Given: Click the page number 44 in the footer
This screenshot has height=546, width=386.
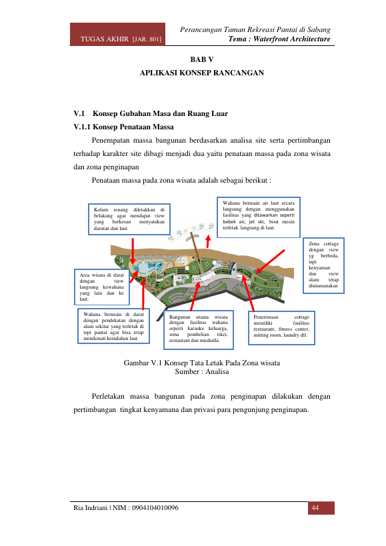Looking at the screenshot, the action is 315,508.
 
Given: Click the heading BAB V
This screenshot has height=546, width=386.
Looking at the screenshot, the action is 202,59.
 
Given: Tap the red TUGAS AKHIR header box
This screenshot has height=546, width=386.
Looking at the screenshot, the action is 117,34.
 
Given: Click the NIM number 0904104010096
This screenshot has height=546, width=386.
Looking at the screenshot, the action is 155,508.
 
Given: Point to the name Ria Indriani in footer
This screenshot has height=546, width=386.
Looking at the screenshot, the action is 90,508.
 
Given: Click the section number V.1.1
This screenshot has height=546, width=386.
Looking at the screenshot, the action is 82,127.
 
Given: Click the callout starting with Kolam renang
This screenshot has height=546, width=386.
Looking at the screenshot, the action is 129,219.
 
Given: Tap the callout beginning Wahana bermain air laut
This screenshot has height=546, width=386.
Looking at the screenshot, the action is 258,217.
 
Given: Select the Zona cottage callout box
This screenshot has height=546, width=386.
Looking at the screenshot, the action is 323,265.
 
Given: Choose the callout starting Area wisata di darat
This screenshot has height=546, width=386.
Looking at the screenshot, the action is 101,287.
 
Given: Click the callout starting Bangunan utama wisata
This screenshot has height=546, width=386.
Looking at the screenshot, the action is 199,329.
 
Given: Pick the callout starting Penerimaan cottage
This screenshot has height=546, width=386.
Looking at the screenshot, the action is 281,327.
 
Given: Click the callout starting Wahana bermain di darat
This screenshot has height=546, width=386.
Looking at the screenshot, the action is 113,326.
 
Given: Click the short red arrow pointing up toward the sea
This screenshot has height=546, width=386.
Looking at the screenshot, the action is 208,241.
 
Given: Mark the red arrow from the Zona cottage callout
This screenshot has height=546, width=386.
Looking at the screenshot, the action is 270,261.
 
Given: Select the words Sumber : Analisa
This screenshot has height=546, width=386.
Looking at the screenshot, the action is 202,371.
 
